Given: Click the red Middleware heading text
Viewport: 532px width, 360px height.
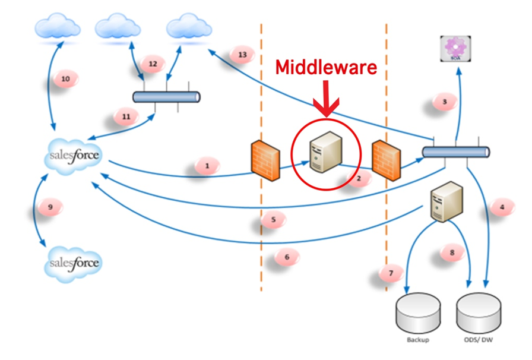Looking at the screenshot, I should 325,68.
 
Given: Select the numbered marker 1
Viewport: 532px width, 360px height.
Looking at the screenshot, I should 207,166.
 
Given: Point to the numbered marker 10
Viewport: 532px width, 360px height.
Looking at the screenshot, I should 65,78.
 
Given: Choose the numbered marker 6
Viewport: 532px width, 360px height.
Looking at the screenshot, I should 287,257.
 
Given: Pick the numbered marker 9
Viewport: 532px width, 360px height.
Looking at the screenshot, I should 50,206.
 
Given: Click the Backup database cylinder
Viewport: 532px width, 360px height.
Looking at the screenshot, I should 418,314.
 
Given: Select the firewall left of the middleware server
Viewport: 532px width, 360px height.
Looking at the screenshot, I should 265,160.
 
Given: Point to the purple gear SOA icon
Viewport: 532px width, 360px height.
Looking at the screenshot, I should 457,48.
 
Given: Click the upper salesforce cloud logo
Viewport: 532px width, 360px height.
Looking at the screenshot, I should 73,156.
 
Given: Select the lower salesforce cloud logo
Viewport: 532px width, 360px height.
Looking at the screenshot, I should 73,262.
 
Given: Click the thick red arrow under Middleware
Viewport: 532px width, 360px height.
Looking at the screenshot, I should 325,97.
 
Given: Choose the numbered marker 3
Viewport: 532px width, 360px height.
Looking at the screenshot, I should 444,102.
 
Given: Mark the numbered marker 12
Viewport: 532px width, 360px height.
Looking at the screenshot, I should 153,64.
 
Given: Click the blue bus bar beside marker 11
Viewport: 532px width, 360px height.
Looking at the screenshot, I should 166,97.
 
